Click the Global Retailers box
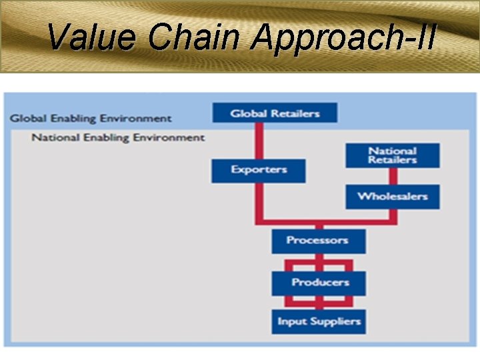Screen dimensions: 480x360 pos(275,113)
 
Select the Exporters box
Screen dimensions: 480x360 pos(259,170)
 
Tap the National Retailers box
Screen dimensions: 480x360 pos(393,155)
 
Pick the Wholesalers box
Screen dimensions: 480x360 pos(393,196)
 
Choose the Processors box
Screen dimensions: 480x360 pos(318,240)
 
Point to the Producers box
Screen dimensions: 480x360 pos(319,283)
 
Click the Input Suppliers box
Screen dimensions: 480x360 pos(319,321)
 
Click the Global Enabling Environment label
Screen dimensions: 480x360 pos(91,119)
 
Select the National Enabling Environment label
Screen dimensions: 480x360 pos(118,137)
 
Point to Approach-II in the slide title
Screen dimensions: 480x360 pos(344,39)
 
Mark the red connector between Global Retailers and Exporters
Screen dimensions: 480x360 pos(259,141)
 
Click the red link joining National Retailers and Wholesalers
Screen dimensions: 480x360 pos(393,176)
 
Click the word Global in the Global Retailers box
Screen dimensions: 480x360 pos(248,113)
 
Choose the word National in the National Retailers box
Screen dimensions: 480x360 pos(393,151)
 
